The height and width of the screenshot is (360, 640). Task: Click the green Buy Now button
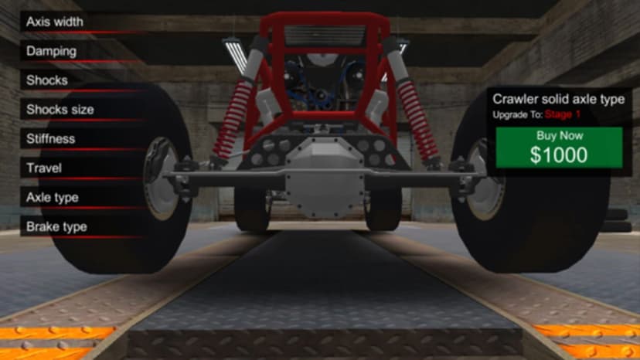pyautogui.click(x=559, y=148)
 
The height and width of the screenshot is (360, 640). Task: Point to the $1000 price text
pyautogui.click(x=559, y=155)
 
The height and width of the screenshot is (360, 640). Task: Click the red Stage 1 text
pyautogui.click(x=563, y=114)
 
